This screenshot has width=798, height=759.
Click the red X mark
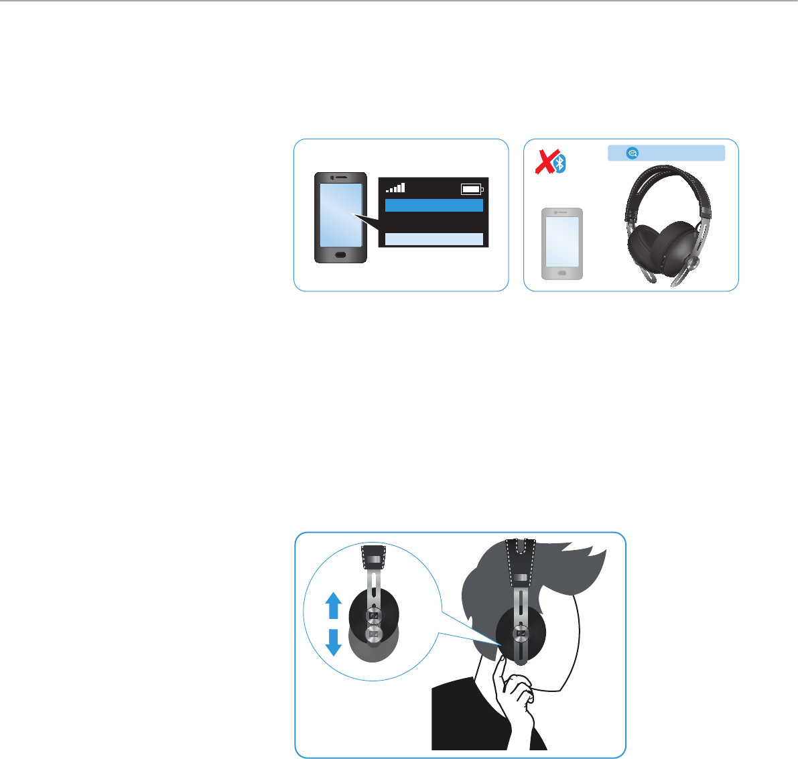pos(547,161)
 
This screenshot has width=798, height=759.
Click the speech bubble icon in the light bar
pos(631,153)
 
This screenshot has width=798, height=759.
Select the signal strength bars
pos(396,188)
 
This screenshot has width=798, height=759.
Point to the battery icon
pos(471,190)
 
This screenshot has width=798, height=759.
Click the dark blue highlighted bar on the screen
pos(434,205)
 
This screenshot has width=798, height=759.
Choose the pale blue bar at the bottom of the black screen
pos(434,239)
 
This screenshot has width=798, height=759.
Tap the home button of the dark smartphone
pos(341,255)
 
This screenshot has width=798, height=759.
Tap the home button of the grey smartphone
pos(561,273)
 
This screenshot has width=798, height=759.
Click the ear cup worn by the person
pos(521,633)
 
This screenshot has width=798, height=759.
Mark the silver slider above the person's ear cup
pos(521,596)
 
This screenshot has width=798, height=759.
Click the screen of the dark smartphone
pos(341,214)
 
